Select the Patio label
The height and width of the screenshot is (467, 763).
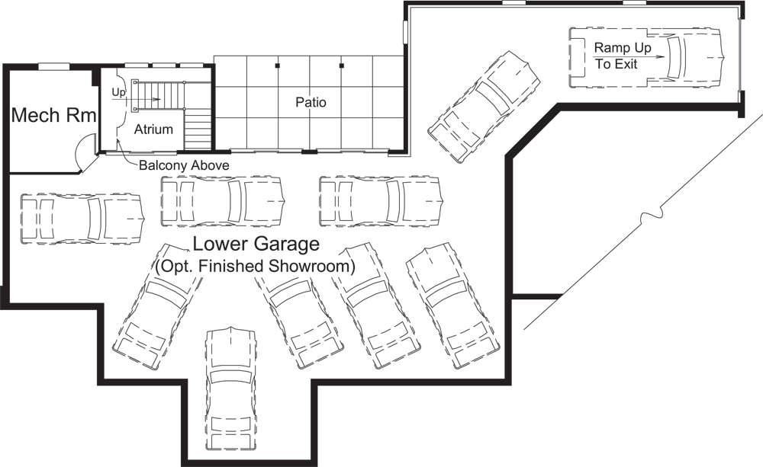(311, 101)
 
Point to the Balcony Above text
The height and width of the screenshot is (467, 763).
(183, 165)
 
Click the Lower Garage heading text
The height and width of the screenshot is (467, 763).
(255, 245)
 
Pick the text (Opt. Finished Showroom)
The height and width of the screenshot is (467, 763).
(255, 267)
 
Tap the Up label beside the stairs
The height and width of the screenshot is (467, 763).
(118, 92)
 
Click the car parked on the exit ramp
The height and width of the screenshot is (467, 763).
(649, 56)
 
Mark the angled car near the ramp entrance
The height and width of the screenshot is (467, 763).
(483, 107)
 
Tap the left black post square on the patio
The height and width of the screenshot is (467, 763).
(278, 66)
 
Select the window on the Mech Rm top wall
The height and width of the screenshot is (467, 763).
(54, 66)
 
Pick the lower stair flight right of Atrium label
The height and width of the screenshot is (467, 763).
(198, 130)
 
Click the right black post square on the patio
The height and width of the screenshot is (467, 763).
(342, 66)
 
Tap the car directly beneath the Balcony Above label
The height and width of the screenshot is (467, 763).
(223, 201)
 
